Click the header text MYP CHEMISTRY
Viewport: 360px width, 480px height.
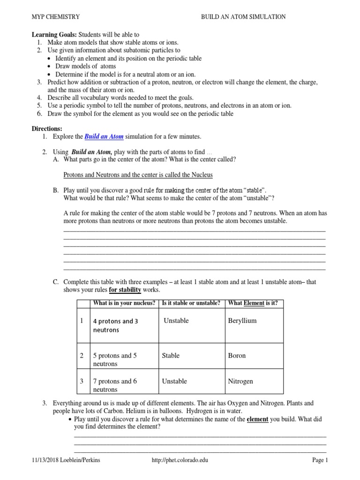coord(56,17)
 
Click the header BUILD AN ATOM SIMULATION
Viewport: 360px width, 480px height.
coord(243,17)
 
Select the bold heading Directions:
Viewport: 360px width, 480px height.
coord(47,128)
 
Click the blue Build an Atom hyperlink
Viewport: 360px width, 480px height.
coord(104,137)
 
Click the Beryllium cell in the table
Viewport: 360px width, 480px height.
coord(242,321)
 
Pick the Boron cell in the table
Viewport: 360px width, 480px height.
coord(237,356)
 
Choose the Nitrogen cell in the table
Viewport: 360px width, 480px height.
coord(240,381)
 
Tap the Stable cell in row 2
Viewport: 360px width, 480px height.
coord(171,356)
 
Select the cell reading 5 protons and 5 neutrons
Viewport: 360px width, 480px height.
coord(115,360)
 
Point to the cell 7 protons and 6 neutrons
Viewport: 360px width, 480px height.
coord(115,385)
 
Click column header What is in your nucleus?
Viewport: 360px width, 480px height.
coord(124,303)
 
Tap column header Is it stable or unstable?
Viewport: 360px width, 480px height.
coord(191,303)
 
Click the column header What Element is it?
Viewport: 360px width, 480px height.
coord(253,303)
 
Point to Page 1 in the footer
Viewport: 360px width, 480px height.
coord(320,460)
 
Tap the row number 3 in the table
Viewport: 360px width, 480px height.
coord(82,381)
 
